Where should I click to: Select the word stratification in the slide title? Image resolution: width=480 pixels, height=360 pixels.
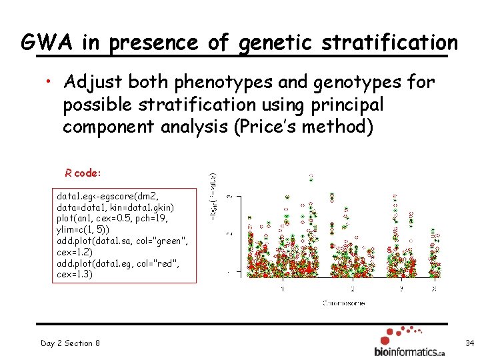[x=389, y=43]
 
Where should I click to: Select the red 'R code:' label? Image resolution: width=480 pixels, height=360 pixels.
[x=83, y=173]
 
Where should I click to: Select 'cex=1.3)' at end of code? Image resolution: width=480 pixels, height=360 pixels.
[x=75, y=275]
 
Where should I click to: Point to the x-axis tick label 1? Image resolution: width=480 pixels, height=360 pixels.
[x=283, y=289]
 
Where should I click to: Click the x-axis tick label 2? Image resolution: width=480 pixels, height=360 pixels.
[x=353, y=289]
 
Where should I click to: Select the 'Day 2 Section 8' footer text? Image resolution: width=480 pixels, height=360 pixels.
[x=70, y=343]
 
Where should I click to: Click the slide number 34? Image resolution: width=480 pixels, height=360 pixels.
[x=469, y=343]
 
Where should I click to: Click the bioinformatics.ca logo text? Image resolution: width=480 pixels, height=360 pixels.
[x=409, y=351]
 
